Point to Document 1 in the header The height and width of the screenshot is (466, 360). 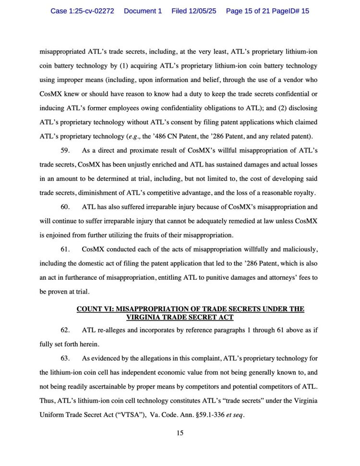click(143, 11)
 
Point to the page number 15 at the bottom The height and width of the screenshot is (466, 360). click(180, 433)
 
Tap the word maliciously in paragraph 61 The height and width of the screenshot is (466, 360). click(299, 250)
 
